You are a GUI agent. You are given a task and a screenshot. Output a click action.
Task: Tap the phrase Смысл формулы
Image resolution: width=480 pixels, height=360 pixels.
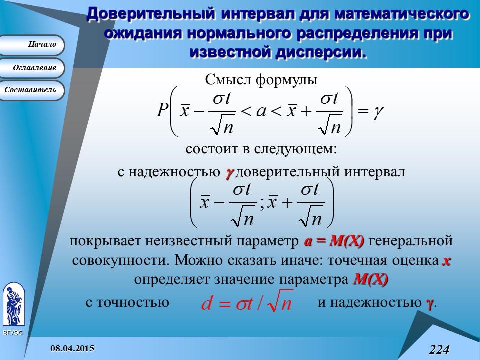[x=261, y=80]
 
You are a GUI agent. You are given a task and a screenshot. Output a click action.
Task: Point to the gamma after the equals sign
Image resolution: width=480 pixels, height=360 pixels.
[x=378, y=111]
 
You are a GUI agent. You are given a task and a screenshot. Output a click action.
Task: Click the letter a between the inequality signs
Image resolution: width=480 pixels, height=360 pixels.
[x=261, y=111]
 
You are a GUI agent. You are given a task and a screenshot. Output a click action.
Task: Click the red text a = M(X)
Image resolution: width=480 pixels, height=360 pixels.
[x=334, y=241]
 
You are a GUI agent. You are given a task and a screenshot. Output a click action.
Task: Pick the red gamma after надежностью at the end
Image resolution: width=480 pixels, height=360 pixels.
[x=429, y=303]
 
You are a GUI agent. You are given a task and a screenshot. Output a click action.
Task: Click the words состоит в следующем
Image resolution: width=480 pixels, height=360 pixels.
[x=261, y=149]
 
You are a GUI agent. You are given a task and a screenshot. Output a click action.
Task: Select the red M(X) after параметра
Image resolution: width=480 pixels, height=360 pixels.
[x=370, y=279]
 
